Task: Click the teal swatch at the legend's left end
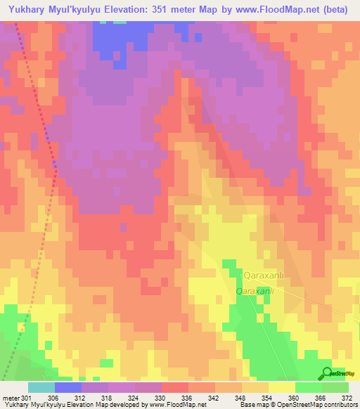(41, 387)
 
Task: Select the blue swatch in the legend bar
(68, 387)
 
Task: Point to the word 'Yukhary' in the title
(29, 11)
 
